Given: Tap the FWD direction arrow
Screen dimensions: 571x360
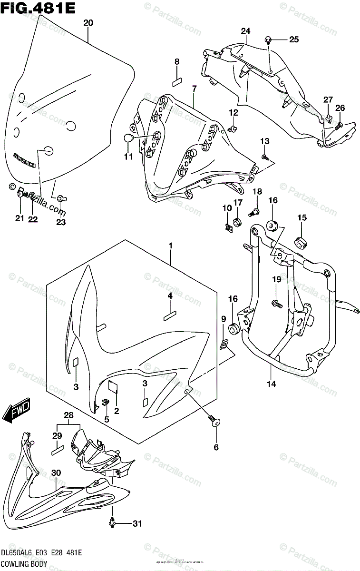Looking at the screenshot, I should [x=16, y=411].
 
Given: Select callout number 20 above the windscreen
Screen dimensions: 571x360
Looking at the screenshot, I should [x=88, y=23].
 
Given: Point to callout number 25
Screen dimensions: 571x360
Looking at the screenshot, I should [x=294, y=39].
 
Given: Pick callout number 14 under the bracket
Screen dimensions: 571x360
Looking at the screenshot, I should [x=271, y=384].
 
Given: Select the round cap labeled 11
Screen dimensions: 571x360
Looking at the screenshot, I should [x=127, y=138].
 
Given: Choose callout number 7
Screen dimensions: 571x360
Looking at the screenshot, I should [x=194, y=89].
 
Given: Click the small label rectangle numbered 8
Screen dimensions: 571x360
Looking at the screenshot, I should [x=177, y=81].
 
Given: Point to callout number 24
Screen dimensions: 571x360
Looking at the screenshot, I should [x=245, y=32].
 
